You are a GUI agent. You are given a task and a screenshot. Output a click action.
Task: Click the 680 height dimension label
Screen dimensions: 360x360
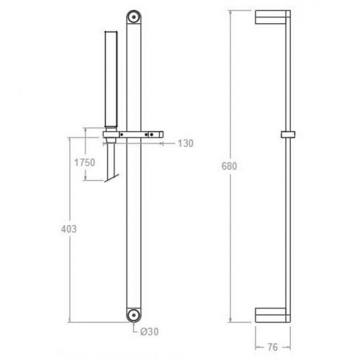click(x=229, y=166)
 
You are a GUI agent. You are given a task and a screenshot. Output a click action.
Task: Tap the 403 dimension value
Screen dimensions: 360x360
click(x=69, y=229)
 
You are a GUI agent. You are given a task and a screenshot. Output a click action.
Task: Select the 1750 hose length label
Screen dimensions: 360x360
click(x=85, y=162)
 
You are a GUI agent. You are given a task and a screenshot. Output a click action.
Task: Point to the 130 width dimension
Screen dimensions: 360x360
click(x=186, y=143)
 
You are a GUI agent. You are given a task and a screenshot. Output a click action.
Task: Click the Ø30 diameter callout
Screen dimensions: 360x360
click(x=150, y=332)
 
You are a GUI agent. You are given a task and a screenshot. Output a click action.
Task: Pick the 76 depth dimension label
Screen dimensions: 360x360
click(x=272, y=347)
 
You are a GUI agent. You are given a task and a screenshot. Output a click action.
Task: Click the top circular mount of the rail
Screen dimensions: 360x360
click(x=134, y=17)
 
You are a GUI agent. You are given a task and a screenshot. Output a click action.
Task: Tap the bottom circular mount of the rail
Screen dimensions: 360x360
click(x=134, y=315)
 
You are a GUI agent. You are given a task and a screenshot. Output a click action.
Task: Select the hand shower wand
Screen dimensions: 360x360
click(x=111, y=79)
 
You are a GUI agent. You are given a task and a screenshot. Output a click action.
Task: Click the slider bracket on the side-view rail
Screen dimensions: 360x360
click(x=288, y=135)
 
